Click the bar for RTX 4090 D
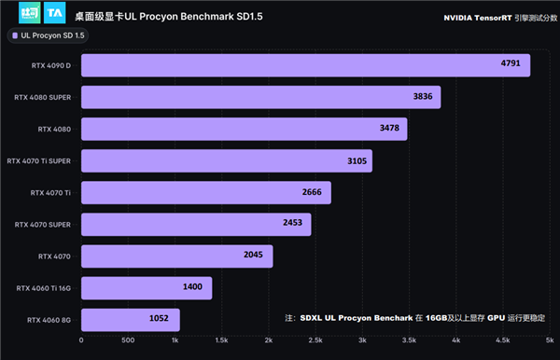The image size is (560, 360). tap(305, 65)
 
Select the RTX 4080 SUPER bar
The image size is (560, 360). tap(260, 97)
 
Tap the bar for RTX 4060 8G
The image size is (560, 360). tap(130, 319)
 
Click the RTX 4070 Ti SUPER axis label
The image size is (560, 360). tap(39, 160)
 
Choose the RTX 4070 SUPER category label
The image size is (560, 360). tap(43, 224)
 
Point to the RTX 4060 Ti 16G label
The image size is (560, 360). tap(44, 287)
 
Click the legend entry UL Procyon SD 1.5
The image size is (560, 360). tap(49, 35)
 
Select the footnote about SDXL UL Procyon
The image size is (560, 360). tap(417, 318)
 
